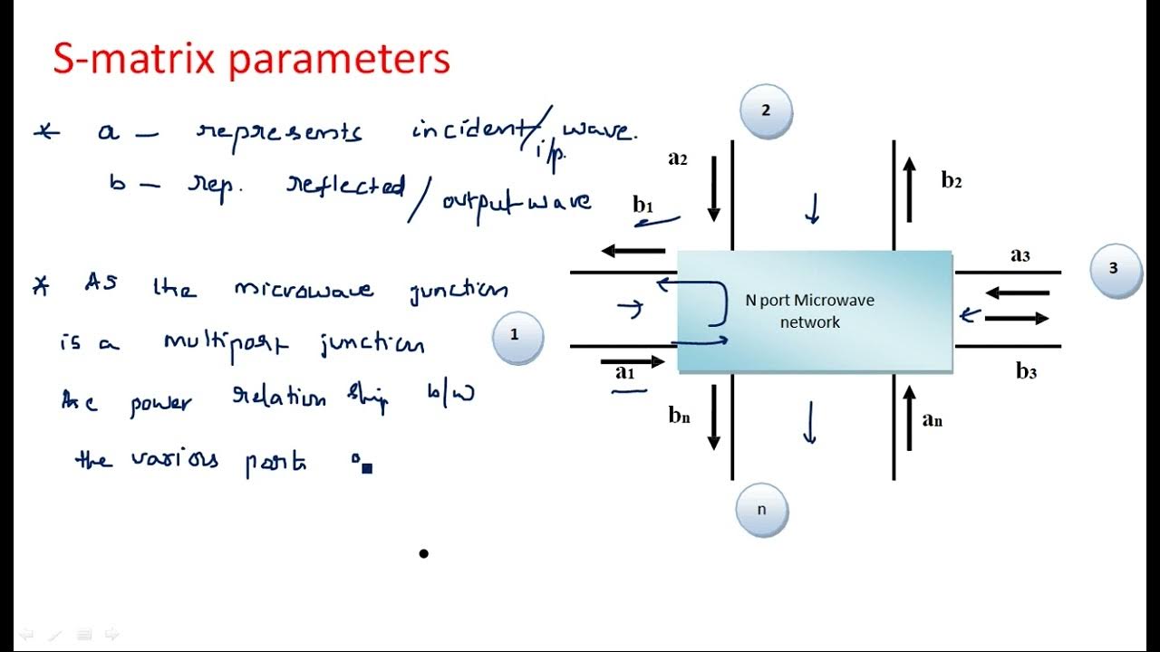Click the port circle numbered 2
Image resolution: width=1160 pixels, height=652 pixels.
[766, 111]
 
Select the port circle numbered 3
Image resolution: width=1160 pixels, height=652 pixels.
[1114, 269]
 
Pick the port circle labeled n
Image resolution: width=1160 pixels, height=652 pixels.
[761, 510]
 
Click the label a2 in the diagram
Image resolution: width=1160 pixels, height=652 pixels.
[678, 158]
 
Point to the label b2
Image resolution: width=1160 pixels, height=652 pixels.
[951, 180]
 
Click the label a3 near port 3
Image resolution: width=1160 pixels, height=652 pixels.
[1020, 254]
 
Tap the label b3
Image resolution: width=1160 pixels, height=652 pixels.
[1026, 370]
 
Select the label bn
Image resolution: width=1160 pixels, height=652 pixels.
[680, 416]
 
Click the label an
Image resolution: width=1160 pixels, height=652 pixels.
[932, 418]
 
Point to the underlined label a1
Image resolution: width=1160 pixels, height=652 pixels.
[625, 371]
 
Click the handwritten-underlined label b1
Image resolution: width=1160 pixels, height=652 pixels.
[643, 206]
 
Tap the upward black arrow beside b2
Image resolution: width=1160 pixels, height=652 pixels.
[910, 188]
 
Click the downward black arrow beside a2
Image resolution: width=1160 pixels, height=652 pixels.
[714, 188]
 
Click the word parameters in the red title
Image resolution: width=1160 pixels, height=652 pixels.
[338, 60]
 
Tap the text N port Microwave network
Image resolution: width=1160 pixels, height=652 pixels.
[809, 311]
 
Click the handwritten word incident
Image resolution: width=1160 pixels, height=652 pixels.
[469, 130]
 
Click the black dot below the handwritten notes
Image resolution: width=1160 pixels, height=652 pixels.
[423, 553]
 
